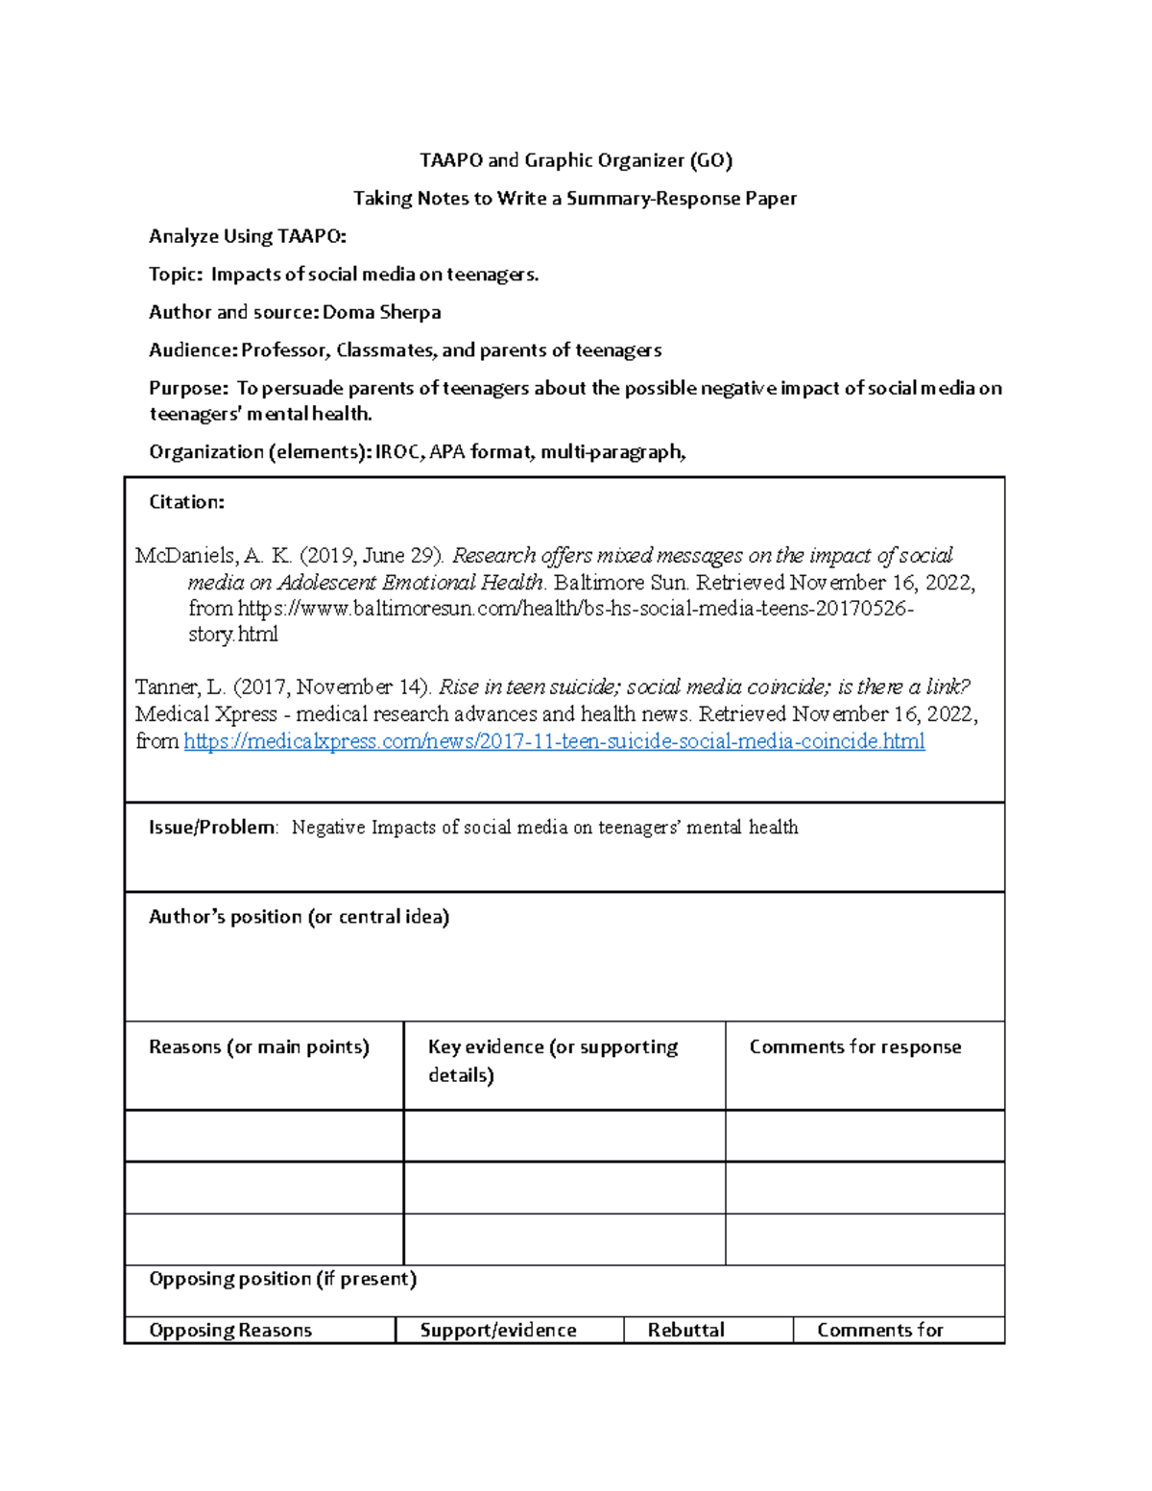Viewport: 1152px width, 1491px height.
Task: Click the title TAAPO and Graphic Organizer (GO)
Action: click(576, 160)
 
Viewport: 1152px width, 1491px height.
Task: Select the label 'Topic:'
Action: click(176, 275)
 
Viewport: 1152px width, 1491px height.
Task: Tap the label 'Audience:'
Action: click(193, 350)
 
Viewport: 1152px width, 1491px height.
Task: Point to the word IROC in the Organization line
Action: click(398, 452)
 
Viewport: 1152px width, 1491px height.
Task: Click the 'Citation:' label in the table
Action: click(186, 502)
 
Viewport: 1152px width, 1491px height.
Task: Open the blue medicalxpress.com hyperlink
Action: click(554, 741)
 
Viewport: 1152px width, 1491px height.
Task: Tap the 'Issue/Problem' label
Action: click(212, 828)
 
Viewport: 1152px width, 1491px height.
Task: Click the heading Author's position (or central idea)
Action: click(299, 917)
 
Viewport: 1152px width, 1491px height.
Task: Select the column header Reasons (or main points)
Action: click(258, 1047)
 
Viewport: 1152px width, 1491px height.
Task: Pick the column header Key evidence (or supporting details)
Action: click(552, 1060)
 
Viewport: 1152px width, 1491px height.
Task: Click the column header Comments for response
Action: click(854, 1047)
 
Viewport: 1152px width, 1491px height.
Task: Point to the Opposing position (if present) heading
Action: click(282, 1279)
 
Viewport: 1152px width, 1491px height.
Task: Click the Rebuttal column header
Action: click(685, 1331)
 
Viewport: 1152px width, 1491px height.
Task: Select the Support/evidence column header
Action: click(498, 1331)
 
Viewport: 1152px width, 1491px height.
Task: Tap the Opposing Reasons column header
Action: click(230, 1331)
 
